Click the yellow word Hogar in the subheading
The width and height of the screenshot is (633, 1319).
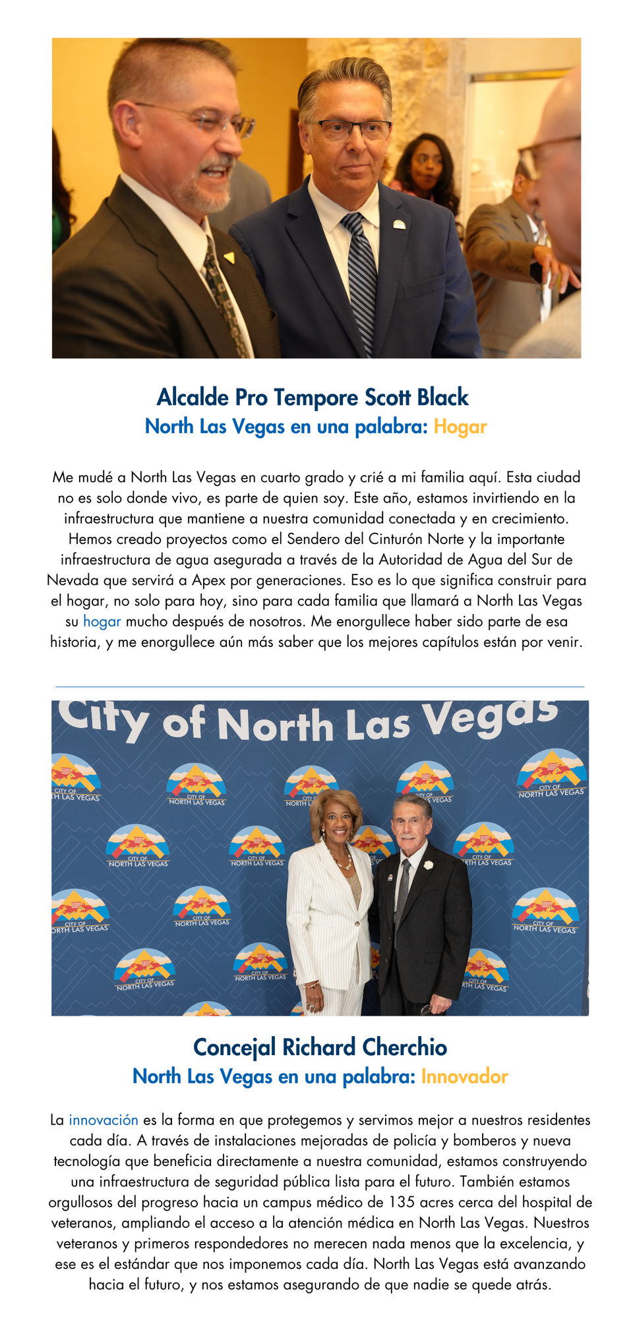[x=460, y=427]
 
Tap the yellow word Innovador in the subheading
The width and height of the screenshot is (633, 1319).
[x=464, y=1076]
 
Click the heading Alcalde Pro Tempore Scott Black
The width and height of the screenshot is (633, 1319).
[x=313, y=397]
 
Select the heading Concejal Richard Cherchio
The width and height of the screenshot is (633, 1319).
[x=320, y=1047]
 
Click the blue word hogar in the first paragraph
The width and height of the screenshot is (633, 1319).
[x=102, y=621]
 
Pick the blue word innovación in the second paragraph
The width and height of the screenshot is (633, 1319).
[x=104, y=1120]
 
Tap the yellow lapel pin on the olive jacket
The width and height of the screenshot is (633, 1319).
[x=229, y=256]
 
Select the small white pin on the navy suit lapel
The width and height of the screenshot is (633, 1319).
[x=399, y=225]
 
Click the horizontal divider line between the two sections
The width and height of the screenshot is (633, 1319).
[x=320, y=687]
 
